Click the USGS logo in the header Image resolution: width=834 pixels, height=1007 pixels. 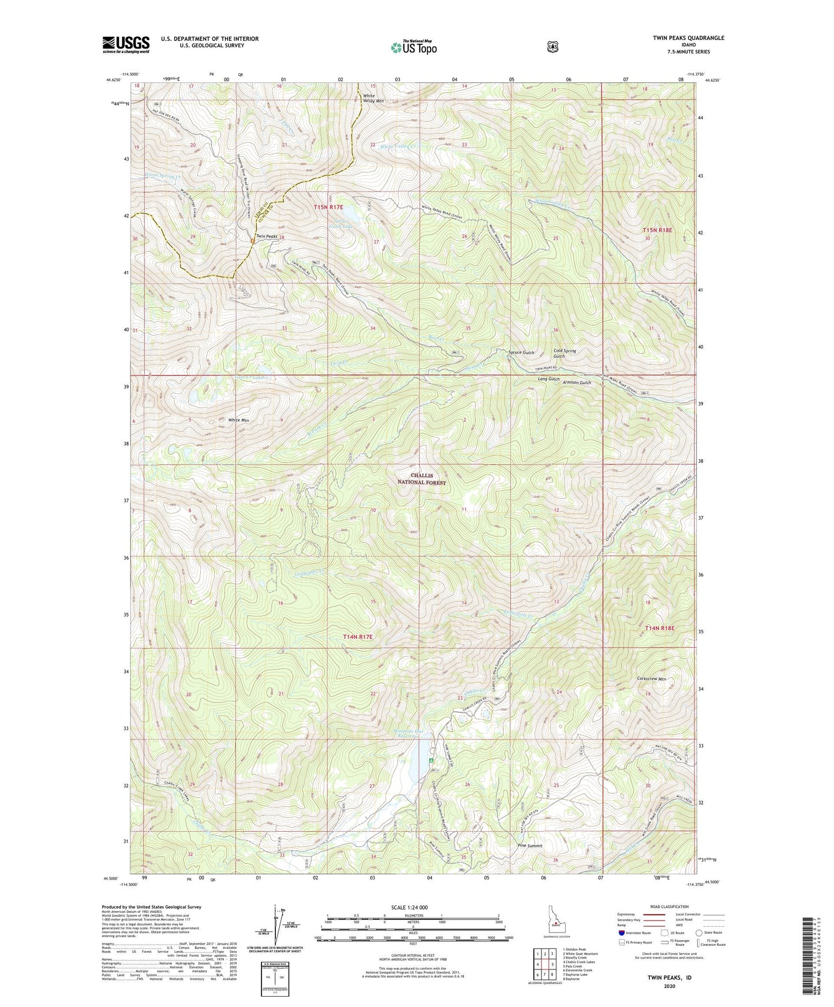[126, 44]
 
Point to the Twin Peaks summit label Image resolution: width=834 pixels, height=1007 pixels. [267, 236]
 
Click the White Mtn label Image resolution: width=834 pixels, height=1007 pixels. [238, 420]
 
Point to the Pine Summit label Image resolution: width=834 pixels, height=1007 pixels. [530, 846]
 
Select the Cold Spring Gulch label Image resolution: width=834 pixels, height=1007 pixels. [564, 353]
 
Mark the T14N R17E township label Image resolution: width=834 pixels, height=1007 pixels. [358, 637]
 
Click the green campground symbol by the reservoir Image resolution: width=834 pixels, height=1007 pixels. [432, 761]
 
